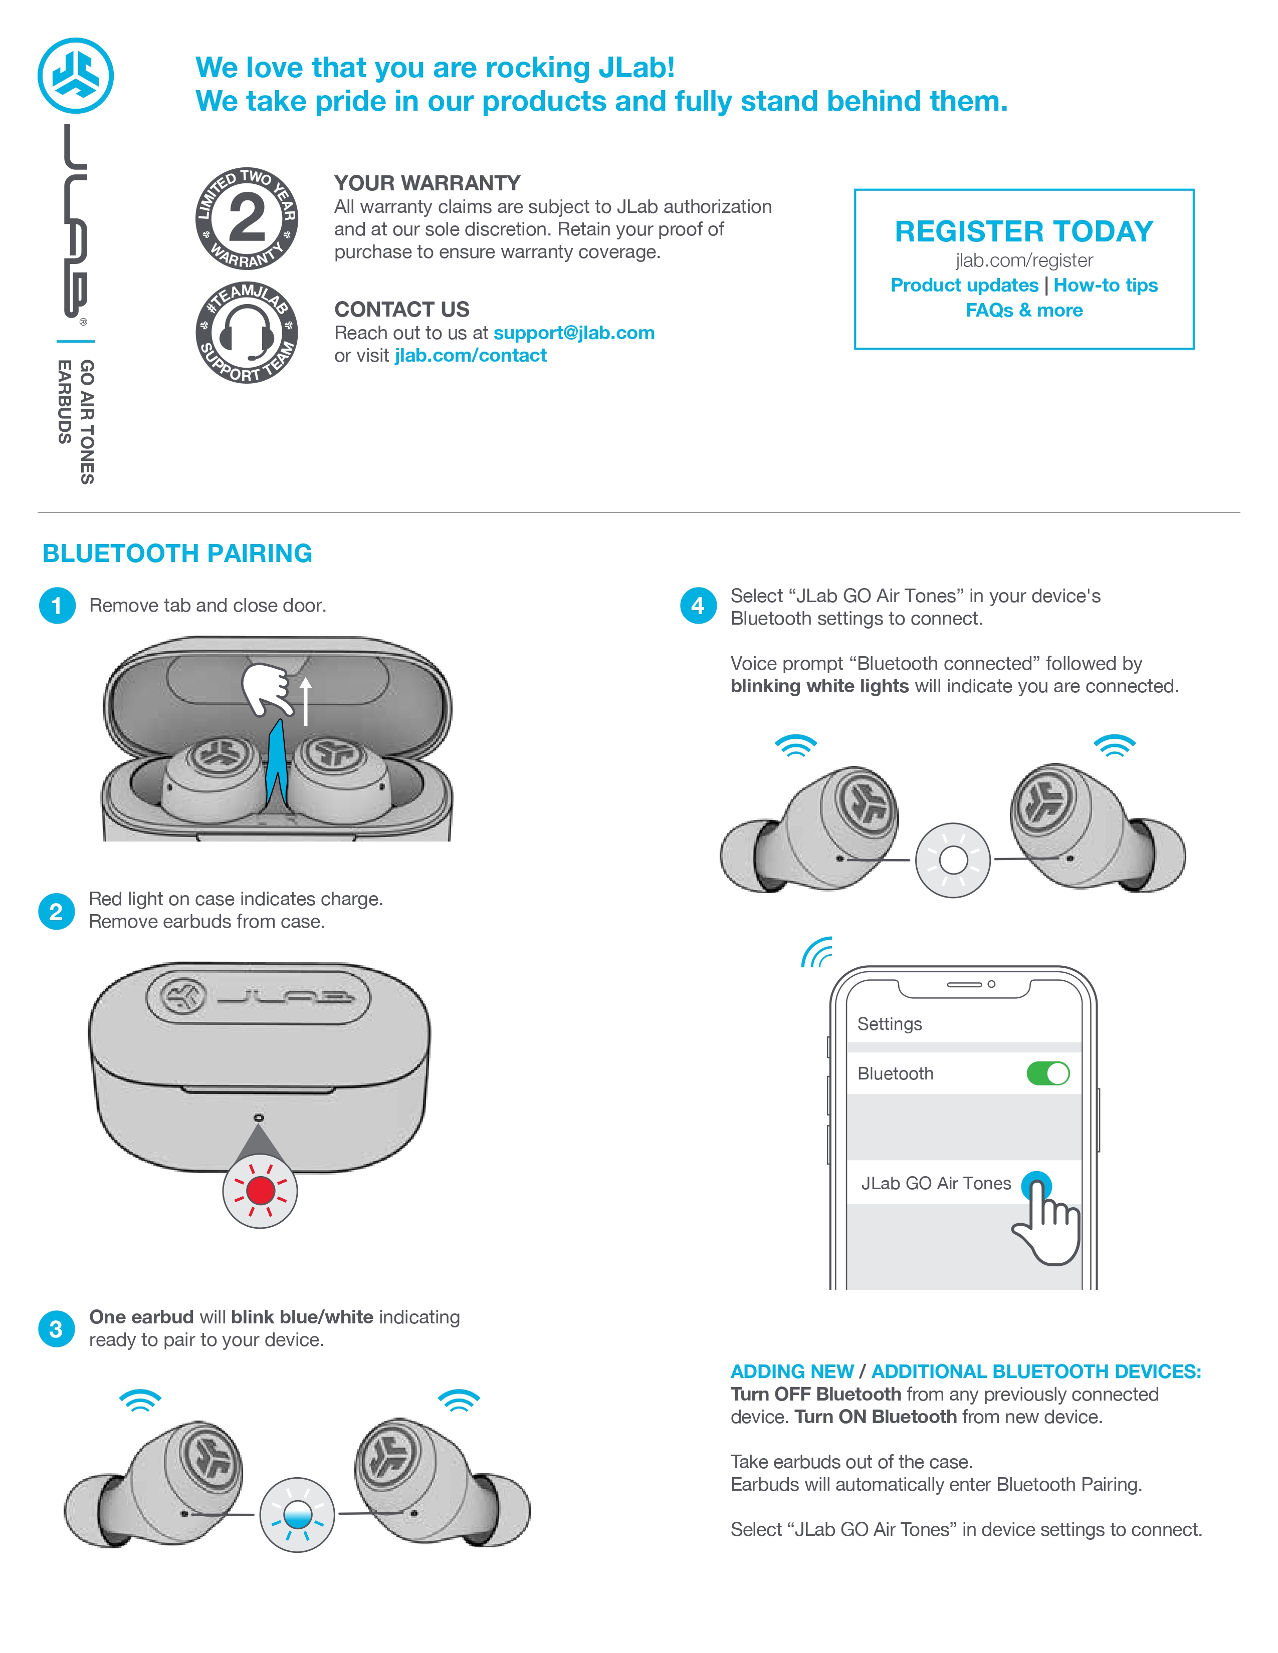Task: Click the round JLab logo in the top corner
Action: pyautogui.click(x=76, y=76)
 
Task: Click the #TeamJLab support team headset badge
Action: pyautogui.click(x=247, y=332)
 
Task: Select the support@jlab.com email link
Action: pyautogui.click(x=573, y=333)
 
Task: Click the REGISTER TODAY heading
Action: pyautogui.click(x=1023, y=231)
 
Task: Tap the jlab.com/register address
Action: pyautogui.click(x=1023, y=260)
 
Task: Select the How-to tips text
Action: pyautogui.click(x=1106, y=286)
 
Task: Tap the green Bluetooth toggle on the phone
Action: pyautogui.click(x=1048, y=1073)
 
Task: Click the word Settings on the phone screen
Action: pyautogui.click(x=890, y=1024)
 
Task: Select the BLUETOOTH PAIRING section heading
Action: pyautogui.click(x=177, y=554)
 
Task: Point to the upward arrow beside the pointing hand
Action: pyautogui.click(x=306, y=701)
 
